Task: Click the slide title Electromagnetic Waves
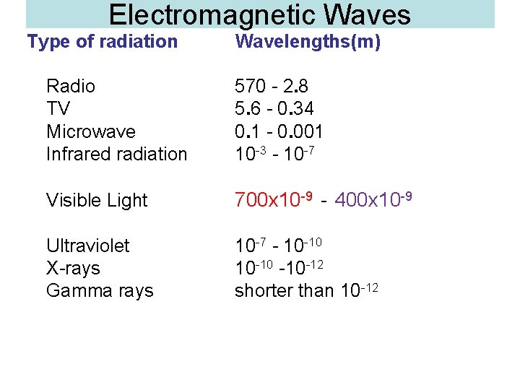(260, 14)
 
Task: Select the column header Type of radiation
(102, 42)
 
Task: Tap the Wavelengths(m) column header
(308, 42)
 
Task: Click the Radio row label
(71, 87)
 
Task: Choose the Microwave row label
(91, 131)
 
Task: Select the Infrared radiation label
(116, 154)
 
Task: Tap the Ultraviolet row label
(87, 246)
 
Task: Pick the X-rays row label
(73, 268)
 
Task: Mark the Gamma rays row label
(100, 291)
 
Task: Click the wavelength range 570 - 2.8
(272, 87)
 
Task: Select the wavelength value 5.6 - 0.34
(274, 109)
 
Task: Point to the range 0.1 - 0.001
(279, 131)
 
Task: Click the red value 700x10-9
(273, 199)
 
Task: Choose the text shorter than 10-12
(306, 290)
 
